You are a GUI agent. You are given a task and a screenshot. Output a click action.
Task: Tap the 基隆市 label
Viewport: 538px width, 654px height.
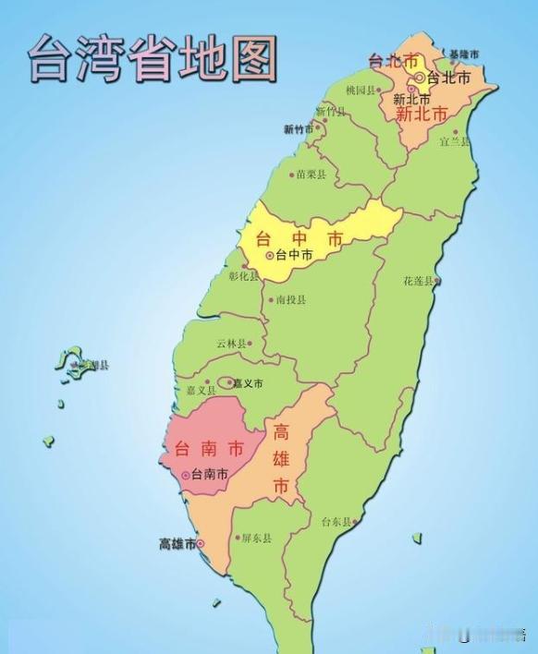coord(462,54)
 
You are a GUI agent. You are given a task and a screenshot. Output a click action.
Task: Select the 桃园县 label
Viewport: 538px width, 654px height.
coord(360,91)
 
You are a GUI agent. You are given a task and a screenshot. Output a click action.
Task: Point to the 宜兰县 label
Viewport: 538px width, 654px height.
coord(454,141)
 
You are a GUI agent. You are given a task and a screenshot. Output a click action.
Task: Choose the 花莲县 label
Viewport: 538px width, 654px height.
coord(417,280)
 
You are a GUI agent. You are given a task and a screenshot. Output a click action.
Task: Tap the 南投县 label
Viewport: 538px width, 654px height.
coord(290,300)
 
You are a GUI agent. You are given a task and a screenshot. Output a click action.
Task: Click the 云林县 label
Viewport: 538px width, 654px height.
coord(232,344)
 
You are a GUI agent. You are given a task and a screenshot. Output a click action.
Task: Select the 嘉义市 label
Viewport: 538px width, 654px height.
coord(249,383)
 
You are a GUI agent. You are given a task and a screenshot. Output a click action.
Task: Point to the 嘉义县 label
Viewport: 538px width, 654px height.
coord(201,392)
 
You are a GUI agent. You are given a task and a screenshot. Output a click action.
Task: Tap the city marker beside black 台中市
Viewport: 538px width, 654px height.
coord(269,255)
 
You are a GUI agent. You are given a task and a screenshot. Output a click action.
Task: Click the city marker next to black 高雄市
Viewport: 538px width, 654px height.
coord(201,545)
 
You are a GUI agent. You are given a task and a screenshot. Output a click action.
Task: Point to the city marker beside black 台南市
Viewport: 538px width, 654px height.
coord(186,475)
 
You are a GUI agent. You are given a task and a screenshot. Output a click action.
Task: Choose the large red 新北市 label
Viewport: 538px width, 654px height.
coord(421,115)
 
